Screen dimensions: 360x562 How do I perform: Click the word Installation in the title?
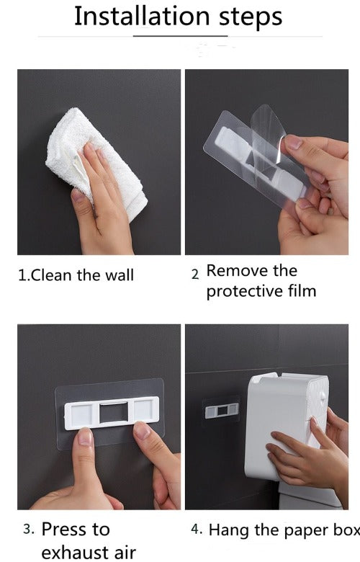coord(142,16)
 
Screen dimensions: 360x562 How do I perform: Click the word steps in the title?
coord(251,17)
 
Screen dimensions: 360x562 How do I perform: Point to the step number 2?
coord(195,275)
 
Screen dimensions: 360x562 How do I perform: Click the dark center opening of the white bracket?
coord(114,413)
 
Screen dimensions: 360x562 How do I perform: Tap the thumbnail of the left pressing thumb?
coord(85,437)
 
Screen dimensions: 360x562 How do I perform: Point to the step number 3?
coord(29,530)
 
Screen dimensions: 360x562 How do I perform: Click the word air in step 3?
coord(125,553)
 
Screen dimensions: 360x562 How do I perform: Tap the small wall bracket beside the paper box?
coord(222,411)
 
